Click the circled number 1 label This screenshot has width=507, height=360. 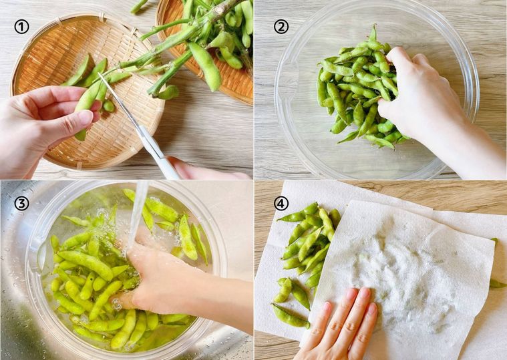[23, 27]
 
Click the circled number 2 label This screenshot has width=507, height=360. [281, 27]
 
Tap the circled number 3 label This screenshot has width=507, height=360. [21, 203]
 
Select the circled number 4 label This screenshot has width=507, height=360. [281, 203]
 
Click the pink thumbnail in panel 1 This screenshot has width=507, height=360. [86, 117]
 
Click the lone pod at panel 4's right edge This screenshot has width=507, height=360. [497, 283]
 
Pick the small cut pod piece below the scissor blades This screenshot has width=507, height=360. [109, 106]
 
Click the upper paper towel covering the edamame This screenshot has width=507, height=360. [407, 267]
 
